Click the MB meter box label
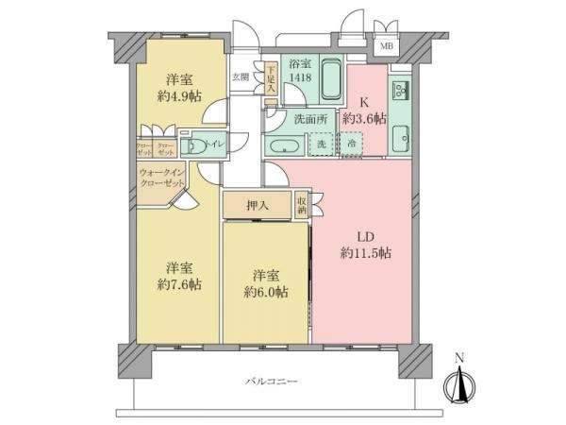point(387,44)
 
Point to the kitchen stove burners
point(399,90)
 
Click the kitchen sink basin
point(400,138)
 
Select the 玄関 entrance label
point(241,77)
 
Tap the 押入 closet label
point(258,205)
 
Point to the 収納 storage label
point(301,204)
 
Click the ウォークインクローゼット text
point(161,178)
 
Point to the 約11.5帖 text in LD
point(366,252)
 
